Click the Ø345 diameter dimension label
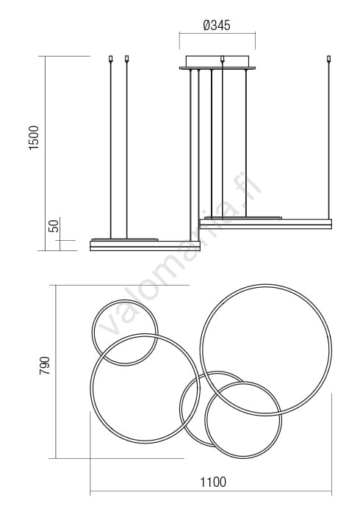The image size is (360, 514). (217, 25)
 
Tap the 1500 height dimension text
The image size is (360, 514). (34, 138)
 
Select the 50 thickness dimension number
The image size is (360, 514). (54, 226)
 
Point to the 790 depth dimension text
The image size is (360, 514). (44, 366)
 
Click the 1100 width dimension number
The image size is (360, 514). (213, 482)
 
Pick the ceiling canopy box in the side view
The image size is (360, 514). (217, 62)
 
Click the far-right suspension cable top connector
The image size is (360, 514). (329, 59)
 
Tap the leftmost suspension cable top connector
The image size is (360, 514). (110, 59)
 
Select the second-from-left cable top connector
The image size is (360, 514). (127, 59)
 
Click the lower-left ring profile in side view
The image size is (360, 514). (145, 246)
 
